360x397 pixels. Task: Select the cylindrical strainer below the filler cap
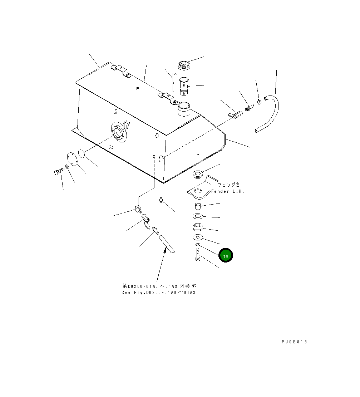(x=184, y=86)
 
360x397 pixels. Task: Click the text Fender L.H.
(x=227, y=191)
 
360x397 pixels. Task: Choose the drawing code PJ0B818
(x=294, y=342)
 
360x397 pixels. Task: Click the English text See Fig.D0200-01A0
(x=158, y=293)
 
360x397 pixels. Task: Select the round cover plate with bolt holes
(x=73, y=159)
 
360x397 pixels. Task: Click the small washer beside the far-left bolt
(x=67, y=167)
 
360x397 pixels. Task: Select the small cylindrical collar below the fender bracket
(x=198, y=206)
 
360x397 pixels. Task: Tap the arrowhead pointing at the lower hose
(x=165, y=251)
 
